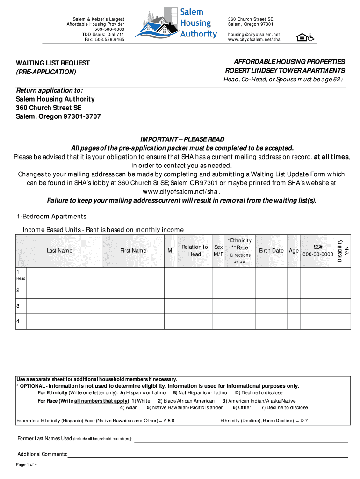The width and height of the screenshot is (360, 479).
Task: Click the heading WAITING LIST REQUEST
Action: tap(53, 63)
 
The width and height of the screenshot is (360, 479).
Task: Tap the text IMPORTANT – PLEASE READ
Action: tap(182, 139)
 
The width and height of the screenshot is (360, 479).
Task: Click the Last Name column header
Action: tap(59, 251)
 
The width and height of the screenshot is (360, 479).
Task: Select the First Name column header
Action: tap(133, 251)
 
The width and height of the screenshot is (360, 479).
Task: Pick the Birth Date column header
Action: tap(271, 251)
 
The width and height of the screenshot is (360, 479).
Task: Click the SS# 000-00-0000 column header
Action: tap(318, 251)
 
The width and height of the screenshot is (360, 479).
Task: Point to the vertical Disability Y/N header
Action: tap(343, 251)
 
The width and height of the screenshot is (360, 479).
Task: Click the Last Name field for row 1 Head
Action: tap(65, 275)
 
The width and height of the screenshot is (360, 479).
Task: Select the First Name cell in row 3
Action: tap(133, 306)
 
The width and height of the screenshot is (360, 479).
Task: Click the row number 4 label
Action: tap(18, 321)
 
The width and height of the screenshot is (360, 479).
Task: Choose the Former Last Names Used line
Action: tap(241, 439)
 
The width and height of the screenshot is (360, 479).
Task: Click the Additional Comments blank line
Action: tap(208, 455)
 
